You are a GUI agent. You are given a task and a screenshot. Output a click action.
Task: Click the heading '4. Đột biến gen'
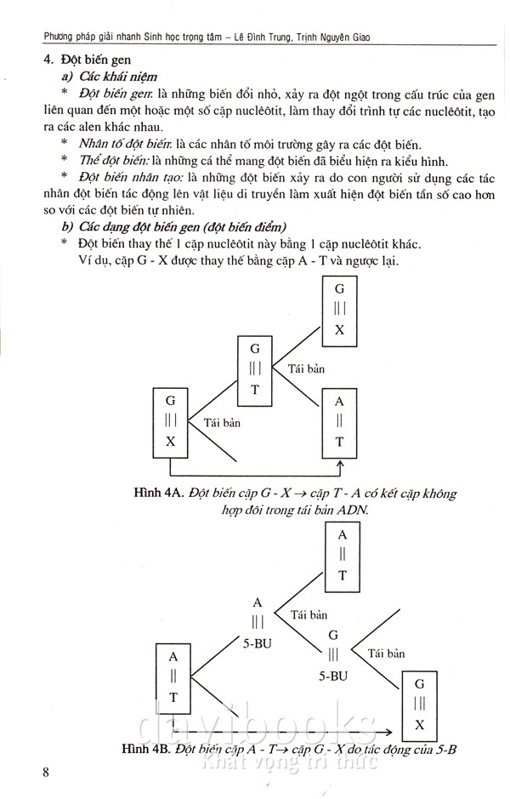click(80, 60)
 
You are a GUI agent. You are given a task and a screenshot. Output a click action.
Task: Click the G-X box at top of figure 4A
click(339, 307)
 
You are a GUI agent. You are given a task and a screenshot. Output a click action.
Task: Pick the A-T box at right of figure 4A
click(339, 421)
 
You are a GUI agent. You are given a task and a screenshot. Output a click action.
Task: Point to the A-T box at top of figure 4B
click(343, 555)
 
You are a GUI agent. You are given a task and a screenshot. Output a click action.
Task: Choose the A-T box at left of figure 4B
click(173, 676)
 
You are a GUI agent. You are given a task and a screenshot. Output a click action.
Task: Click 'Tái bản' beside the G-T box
click(307, 368)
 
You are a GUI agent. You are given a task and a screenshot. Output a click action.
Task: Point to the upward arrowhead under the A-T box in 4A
click(340, 465)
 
